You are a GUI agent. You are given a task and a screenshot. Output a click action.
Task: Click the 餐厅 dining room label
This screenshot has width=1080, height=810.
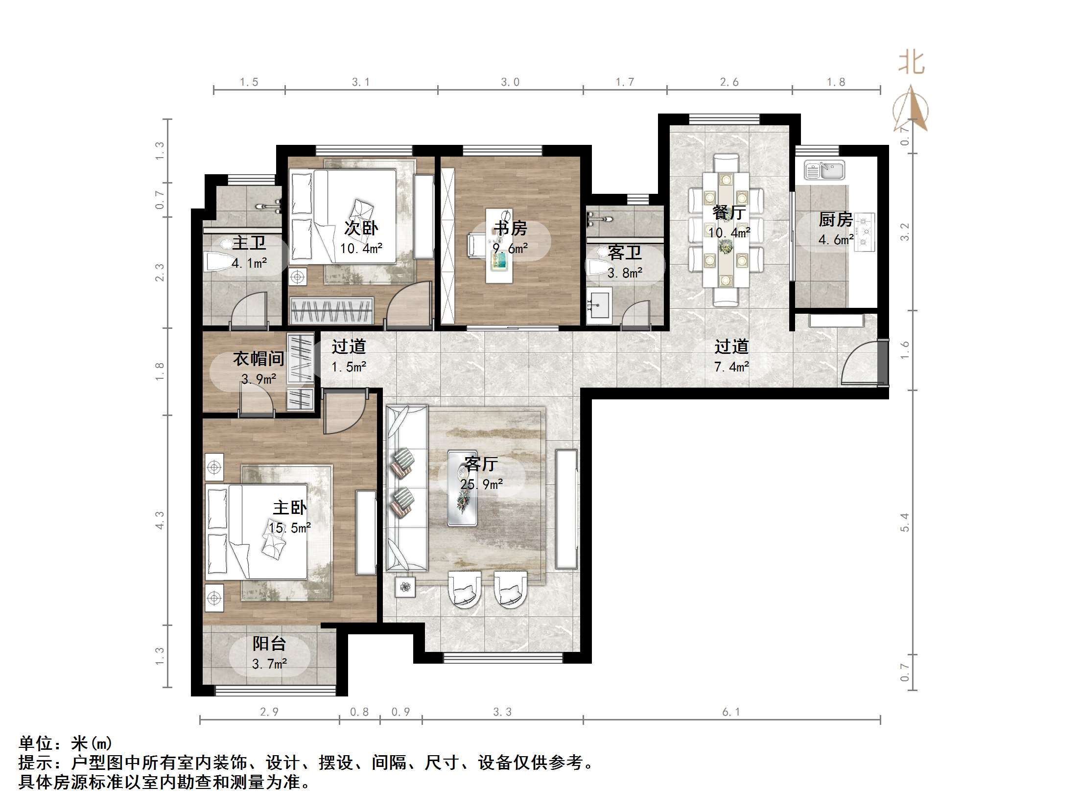(x=729, y=212)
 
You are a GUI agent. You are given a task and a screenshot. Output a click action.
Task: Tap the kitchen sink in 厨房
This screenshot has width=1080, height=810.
(x=824, y=170)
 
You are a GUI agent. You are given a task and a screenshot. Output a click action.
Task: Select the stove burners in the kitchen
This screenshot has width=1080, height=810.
(x=865, y=232)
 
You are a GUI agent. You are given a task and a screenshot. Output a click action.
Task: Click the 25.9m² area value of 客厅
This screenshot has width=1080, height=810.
(x=481, y=485)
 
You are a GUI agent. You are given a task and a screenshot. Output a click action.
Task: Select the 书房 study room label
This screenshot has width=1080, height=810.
(x=510, y=228)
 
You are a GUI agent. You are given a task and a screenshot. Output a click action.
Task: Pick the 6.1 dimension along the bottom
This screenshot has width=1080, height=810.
(x=731, y=712)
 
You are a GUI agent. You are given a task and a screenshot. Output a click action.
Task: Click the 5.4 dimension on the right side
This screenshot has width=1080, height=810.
(x=904, y=522)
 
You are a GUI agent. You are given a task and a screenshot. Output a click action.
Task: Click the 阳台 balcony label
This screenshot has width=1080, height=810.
(x=269, y=644)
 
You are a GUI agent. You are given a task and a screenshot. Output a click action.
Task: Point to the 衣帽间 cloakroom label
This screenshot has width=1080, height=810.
(x=258, y=359)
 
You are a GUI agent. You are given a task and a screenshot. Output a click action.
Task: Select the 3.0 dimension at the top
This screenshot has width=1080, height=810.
(x=510, y=82)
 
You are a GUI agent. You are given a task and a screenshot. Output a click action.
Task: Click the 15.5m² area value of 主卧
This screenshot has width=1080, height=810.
(x=289, y=528)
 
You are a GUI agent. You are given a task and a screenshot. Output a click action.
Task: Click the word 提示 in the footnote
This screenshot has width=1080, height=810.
(x=36, y=763)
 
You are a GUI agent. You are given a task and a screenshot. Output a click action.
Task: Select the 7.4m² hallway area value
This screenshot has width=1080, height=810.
(x=731, y=367)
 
